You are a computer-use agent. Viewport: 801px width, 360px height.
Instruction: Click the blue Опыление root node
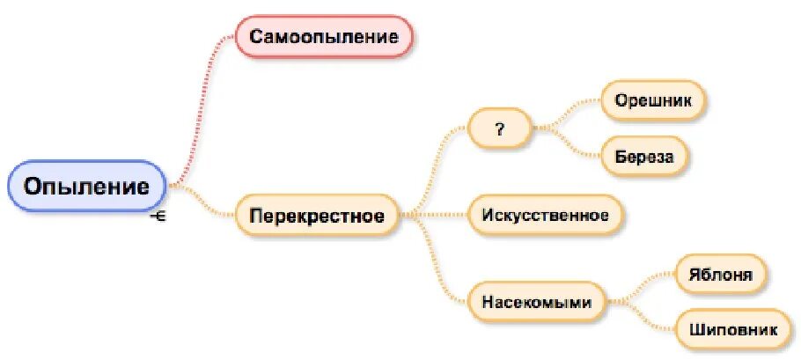(x=86, y=187)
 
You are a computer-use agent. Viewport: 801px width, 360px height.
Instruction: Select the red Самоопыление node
(x=323, y=37)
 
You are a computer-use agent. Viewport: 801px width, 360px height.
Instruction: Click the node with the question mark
(x=500, y=129)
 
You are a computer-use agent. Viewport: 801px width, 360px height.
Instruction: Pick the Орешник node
(x=654, y=100)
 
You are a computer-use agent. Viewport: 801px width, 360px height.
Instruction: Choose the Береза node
(x=644, y=157)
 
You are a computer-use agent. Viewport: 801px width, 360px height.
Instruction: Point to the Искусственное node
(x=545, y=215)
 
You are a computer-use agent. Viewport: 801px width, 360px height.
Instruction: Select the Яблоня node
(x=721, y=275)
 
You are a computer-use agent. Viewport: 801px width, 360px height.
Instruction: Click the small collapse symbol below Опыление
(x=158, y=215)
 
